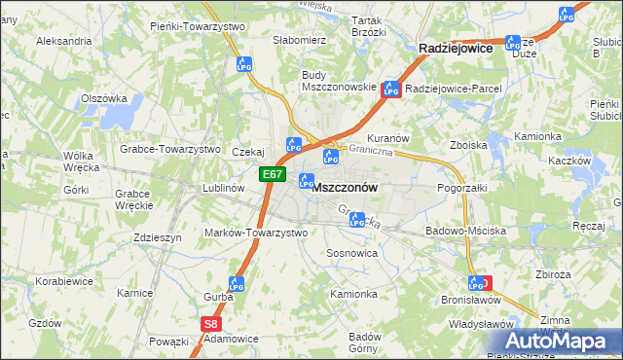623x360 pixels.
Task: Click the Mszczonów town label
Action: (347, 186)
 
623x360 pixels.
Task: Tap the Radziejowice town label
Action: (456, 47)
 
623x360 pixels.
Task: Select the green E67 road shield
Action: (273, 175)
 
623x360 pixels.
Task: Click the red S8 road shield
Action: (210, 325)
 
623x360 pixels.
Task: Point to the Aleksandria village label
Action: (63, 41)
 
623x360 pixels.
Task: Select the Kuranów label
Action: (388, 139)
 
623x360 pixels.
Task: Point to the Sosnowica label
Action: (352, 252)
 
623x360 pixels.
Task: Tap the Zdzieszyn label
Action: (159, 236)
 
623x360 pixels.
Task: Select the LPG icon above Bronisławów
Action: (476, 283)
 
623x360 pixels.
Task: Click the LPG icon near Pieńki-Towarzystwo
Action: (243, 64)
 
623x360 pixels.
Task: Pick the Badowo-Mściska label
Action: (465, 232)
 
